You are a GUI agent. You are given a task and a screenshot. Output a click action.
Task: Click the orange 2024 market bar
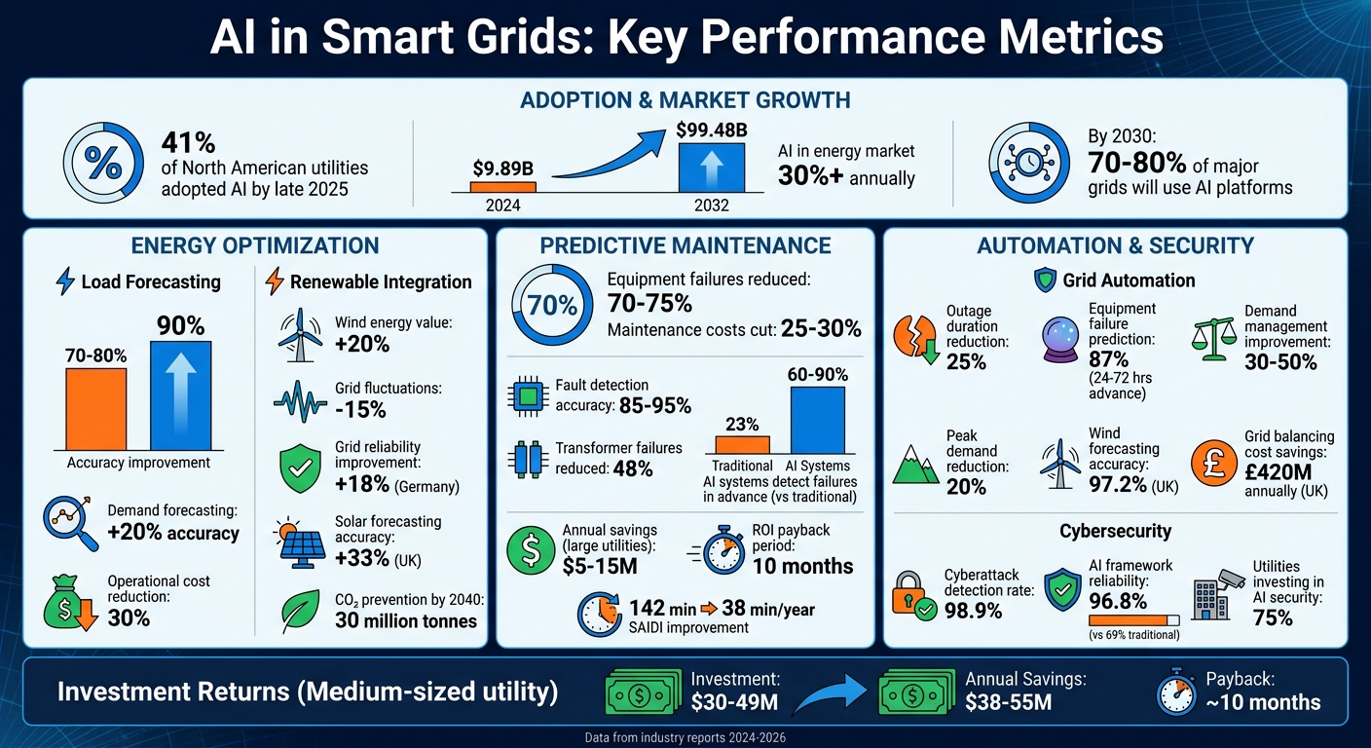pyautogui.click(x=502, y=187)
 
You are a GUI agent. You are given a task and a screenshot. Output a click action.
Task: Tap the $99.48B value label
pyautogui.click(x=712, y=130)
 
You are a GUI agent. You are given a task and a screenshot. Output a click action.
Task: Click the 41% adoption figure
pyautogui.click(x=189, y=143)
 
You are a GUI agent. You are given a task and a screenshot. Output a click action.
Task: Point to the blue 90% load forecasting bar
pyautogui.click(x=180, y=393)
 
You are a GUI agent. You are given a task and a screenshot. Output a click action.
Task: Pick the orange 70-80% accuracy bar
pyautogui.click(x=95, y=407)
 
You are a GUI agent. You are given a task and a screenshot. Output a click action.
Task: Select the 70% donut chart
pyautogui.click(x=551, y=306)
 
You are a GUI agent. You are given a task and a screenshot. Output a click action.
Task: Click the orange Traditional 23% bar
pyautogui.click(x=742, y=444)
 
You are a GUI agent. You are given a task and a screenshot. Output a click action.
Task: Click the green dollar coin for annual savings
pyautogui.click(x=531, y=551)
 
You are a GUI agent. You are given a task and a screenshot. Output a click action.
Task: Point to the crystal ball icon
pyautogui.click(x=1062, y=340)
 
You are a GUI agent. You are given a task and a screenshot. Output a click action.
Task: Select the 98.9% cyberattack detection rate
pyautogui.click(x=974, y=611)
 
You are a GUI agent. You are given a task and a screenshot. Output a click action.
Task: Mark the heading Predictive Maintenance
pyautogui.click(x=685, y=245)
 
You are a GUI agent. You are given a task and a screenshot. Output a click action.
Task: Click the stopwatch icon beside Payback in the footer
pyautogui.click(x=1176, y=693)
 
